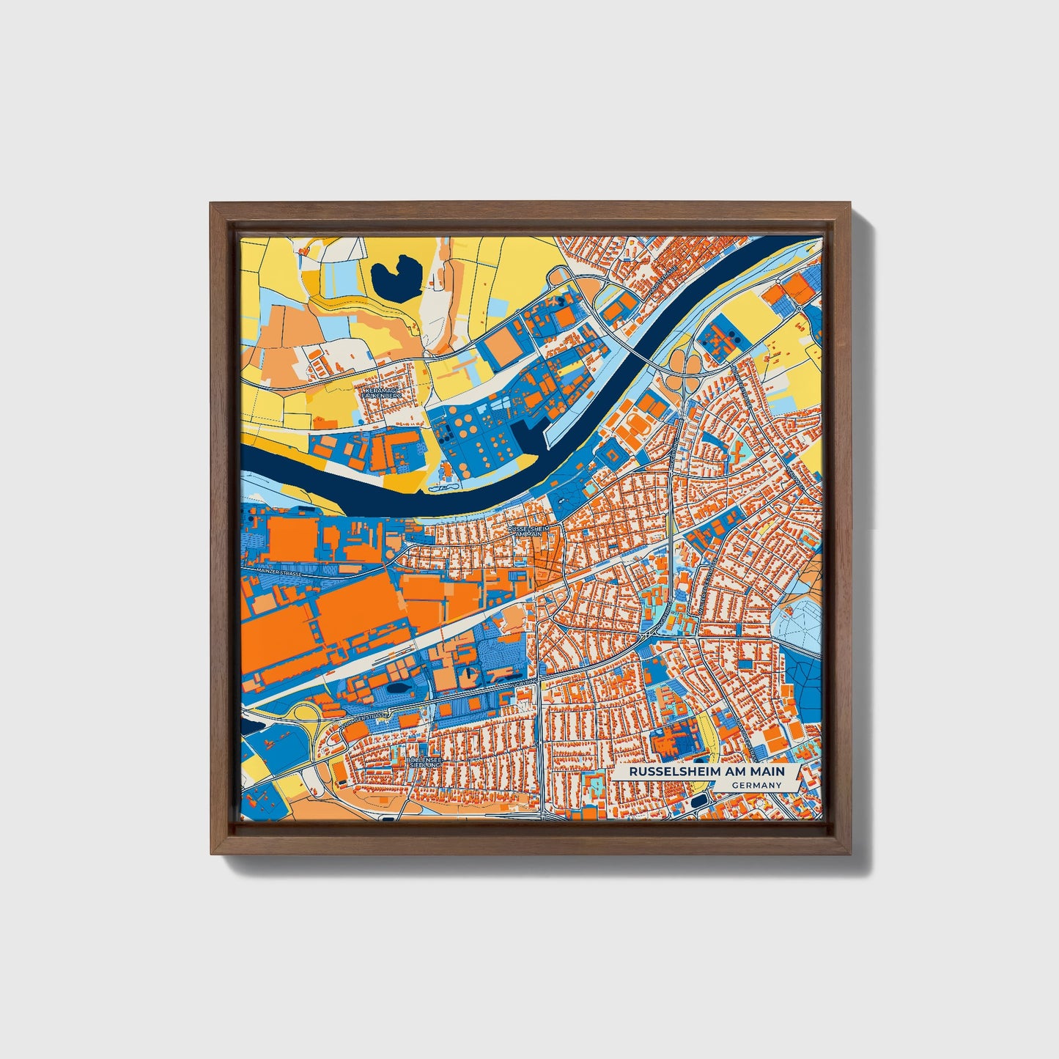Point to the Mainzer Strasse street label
[x=279, y=572]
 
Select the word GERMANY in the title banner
[x=756, y=785]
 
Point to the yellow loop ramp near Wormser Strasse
[x=300, y=711]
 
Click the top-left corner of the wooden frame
[x=213, y=204]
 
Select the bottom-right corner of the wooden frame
[x=851, y=853]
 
